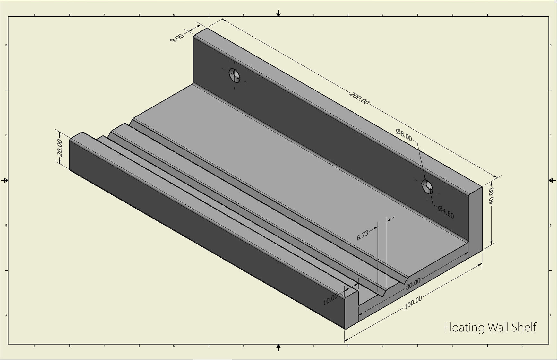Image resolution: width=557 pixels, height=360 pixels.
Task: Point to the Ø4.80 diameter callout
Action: click(x=446, y=212)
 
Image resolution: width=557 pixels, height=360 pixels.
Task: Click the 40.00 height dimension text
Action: click(x=491, y=196)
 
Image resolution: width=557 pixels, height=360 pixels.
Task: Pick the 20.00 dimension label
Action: click(x=60, y=147)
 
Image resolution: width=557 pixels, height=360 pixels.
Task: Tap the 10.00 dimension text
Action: click(x=330, y=299)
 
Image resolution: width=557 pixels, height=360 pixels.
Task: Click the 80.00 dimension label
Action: click(x=413, y=284)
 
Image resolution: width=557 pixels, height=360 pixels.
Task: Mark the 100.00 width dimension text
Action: click(x=413, y=303)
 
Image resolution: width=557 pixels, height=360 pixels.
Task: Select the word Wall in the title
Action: click(x=498, y=328)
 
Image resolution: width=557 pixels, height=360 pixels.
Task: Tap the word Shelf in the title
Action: click(x=524, y=328)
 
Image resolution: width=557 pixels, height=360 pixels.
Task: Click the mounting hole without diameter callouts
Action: click(x=235, y=75)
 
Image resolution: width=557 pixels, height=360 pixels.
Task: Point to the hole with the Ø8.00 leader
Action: click(x=427, y=186)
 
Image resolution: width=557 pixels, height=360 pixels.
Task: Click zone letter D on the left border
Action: click(x=6, y=45)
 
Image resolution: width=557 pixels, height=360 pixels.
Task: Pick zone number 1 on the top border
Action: click(x=522, y=15)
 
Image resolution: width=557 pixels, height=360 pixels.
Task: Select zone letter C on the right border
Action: click(x=550, y=135)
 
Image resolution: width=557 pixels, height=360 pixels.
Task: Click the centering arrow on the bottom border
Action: click(x=278, y=347)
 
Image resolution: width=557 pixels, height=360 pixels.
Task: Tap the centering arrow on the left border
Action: click(x=5, y=180)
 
